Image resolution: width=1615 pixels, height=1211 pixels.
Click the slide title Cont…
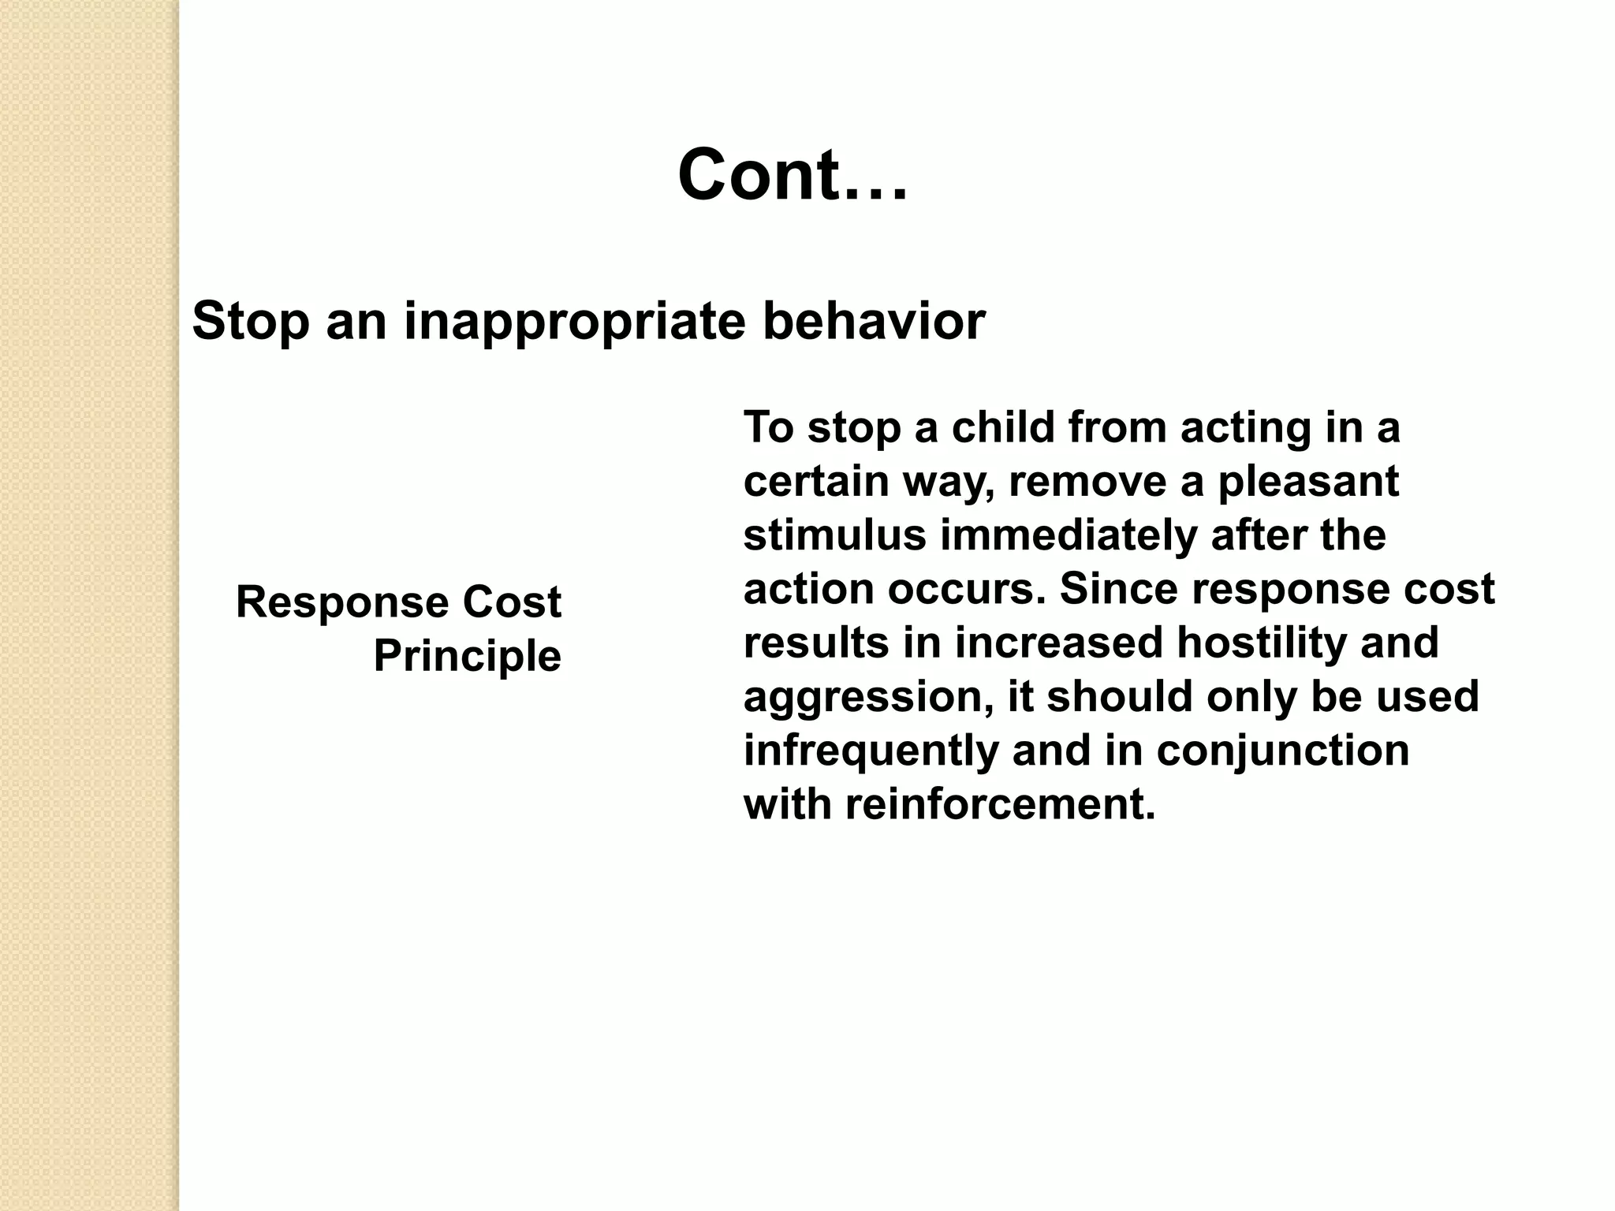tap(793, 176)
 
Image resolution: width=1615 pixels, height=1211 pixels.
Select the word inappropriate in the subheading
tap(574, 323)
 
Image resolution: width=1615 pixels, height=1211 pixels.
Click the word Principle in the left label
tap(467, 656)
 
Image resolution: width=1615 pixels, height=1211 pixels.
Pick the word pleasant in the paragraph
tap(1308, 482)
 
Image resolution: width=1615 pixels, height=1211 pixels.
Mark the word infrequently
tap(871, 751)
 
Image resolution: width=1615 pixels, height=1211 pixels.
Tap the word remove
tap(1087, 482)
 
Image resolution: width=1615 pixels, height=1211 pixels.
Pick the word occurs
tap(967, 590)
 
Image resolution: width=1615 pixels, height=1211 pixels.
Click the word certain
tap(816, 482)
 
